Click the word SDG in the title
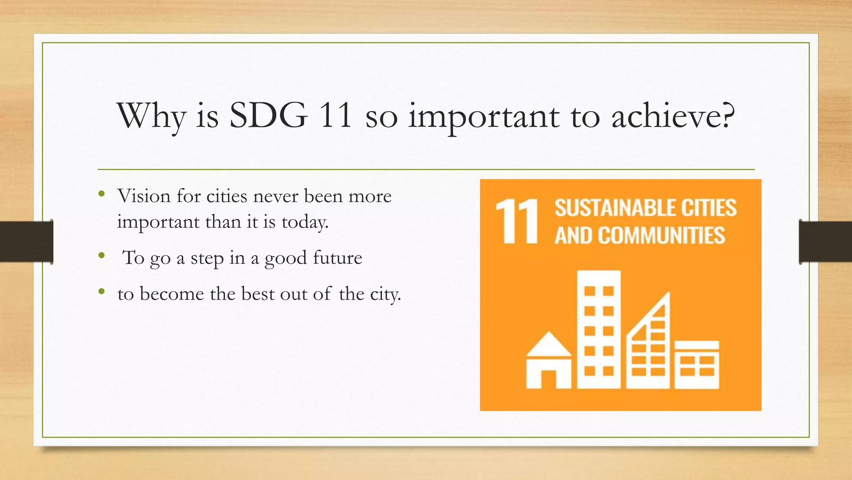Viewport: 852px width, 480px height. [x=268, y=116]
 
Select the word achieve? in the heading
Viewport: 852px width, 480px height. [x=673, y=116]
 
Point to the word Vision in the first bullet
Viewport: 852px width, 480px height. [x=144, y=196]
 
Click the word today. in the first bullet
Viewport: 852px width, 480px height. [x=305, y=222]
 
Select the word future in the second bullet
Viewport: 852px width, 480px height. [x=337, y=257]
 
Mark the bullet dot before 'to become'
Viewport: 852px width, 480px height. [x=102, y=292]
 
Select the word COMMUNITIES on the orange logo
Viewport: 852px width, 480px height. [x=661, y=235]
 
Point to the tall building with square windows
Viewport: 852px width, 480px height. [x=599, y=329]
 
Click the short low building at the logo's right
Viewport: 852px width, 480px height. [x=697, y=365]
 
